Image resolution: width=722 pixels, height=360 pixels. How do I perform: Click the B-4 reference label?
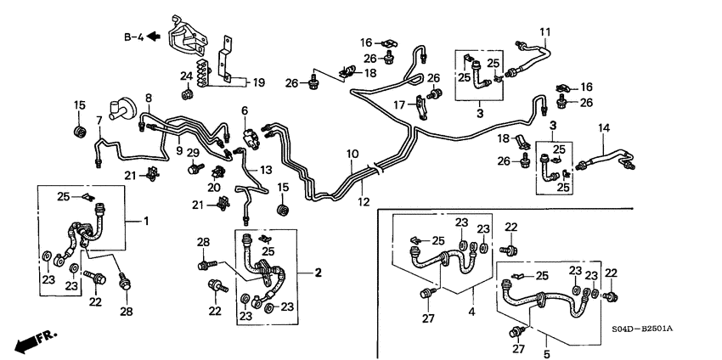pyautogui.click(x=132, y=36)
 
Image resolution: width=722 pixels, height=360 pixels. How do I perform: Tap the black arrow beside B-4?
pyautogui.click(x=154, y=36)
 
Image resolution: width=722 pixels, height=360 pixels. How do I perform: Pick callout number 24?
pyautogui.click(x=186, y=76)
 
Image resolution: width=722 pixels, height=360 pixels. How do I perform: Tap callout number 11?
pyautogui.click(x=545, y=33)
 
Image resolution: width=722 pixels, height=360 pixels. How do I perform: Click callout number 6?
pyautogui.click(x=244, y=111)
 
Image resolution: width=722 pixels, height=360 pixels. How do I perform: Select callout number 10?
pyautogui.click(x=352, y=154)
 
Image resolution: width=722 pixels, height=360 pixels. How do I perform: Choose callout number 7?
pyautogui.click(x=99, y=120)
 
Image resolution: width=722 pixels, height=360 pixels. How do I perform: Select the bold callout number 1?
pyautogui.click(x=146, y=222)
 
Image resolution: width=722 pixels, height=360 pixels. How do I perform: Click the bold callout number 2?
pyautogui.click(x=318, y=273)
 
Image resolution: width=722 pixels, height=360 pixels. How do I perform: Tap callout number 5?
pyautogui.click(x=547, y=352)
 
